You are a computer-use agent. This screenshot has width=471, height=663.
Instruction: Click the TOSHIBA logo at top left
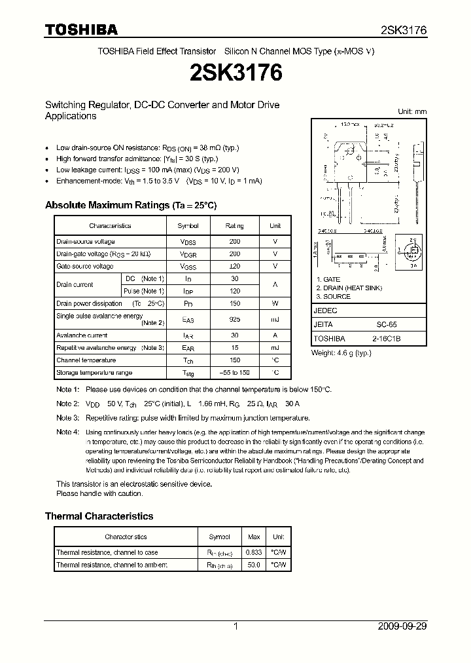(81, 29)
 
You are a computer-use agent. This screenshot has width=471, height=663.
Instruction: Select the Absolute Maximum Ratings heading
(130, 205)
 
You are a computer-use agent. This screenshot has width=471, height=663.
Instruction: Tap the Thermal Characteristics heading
(99, 516)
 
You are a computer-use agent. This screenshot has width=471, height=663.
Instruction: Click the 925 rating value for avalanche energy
(235, 320)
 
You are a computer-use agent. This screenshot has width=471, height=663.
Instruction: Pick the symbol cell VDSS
(188, 242)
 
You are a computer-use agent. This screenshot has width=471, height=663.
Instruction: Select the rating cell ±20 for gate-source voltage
(235, 267)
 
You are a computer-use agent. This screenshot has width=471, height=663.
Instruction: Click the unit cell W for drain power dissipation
(275, 304)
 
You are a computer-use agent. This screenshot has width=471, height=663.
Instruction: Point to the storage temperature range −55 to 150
(235, 373)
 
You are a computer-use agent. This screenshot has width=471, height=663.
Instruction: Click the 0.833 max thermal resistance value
(253, 552)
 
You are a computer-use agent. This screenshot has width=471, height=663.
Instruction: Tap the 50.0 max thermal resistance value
(253, 565)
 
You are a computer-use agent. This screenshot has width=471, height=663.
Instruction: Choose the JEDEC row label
(326, 311)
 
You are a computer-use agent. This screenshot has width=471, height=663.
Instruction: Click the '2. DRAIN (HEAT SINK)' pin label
(349, 288)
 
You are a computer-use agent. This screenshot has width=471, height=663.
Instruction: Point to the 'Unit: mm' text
(412, 111)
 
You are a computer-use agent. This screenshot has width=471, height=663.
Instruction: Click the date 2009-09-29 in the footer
(402, 626)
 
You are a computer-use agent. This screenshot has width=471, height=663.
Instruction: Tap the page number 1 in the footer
(235, 626)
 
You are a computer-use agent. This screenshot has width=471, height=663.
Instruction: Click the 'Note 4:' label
(67, 432)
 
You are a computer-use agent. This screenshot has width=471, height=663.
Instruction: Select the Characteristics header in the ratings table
(110, 225)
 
